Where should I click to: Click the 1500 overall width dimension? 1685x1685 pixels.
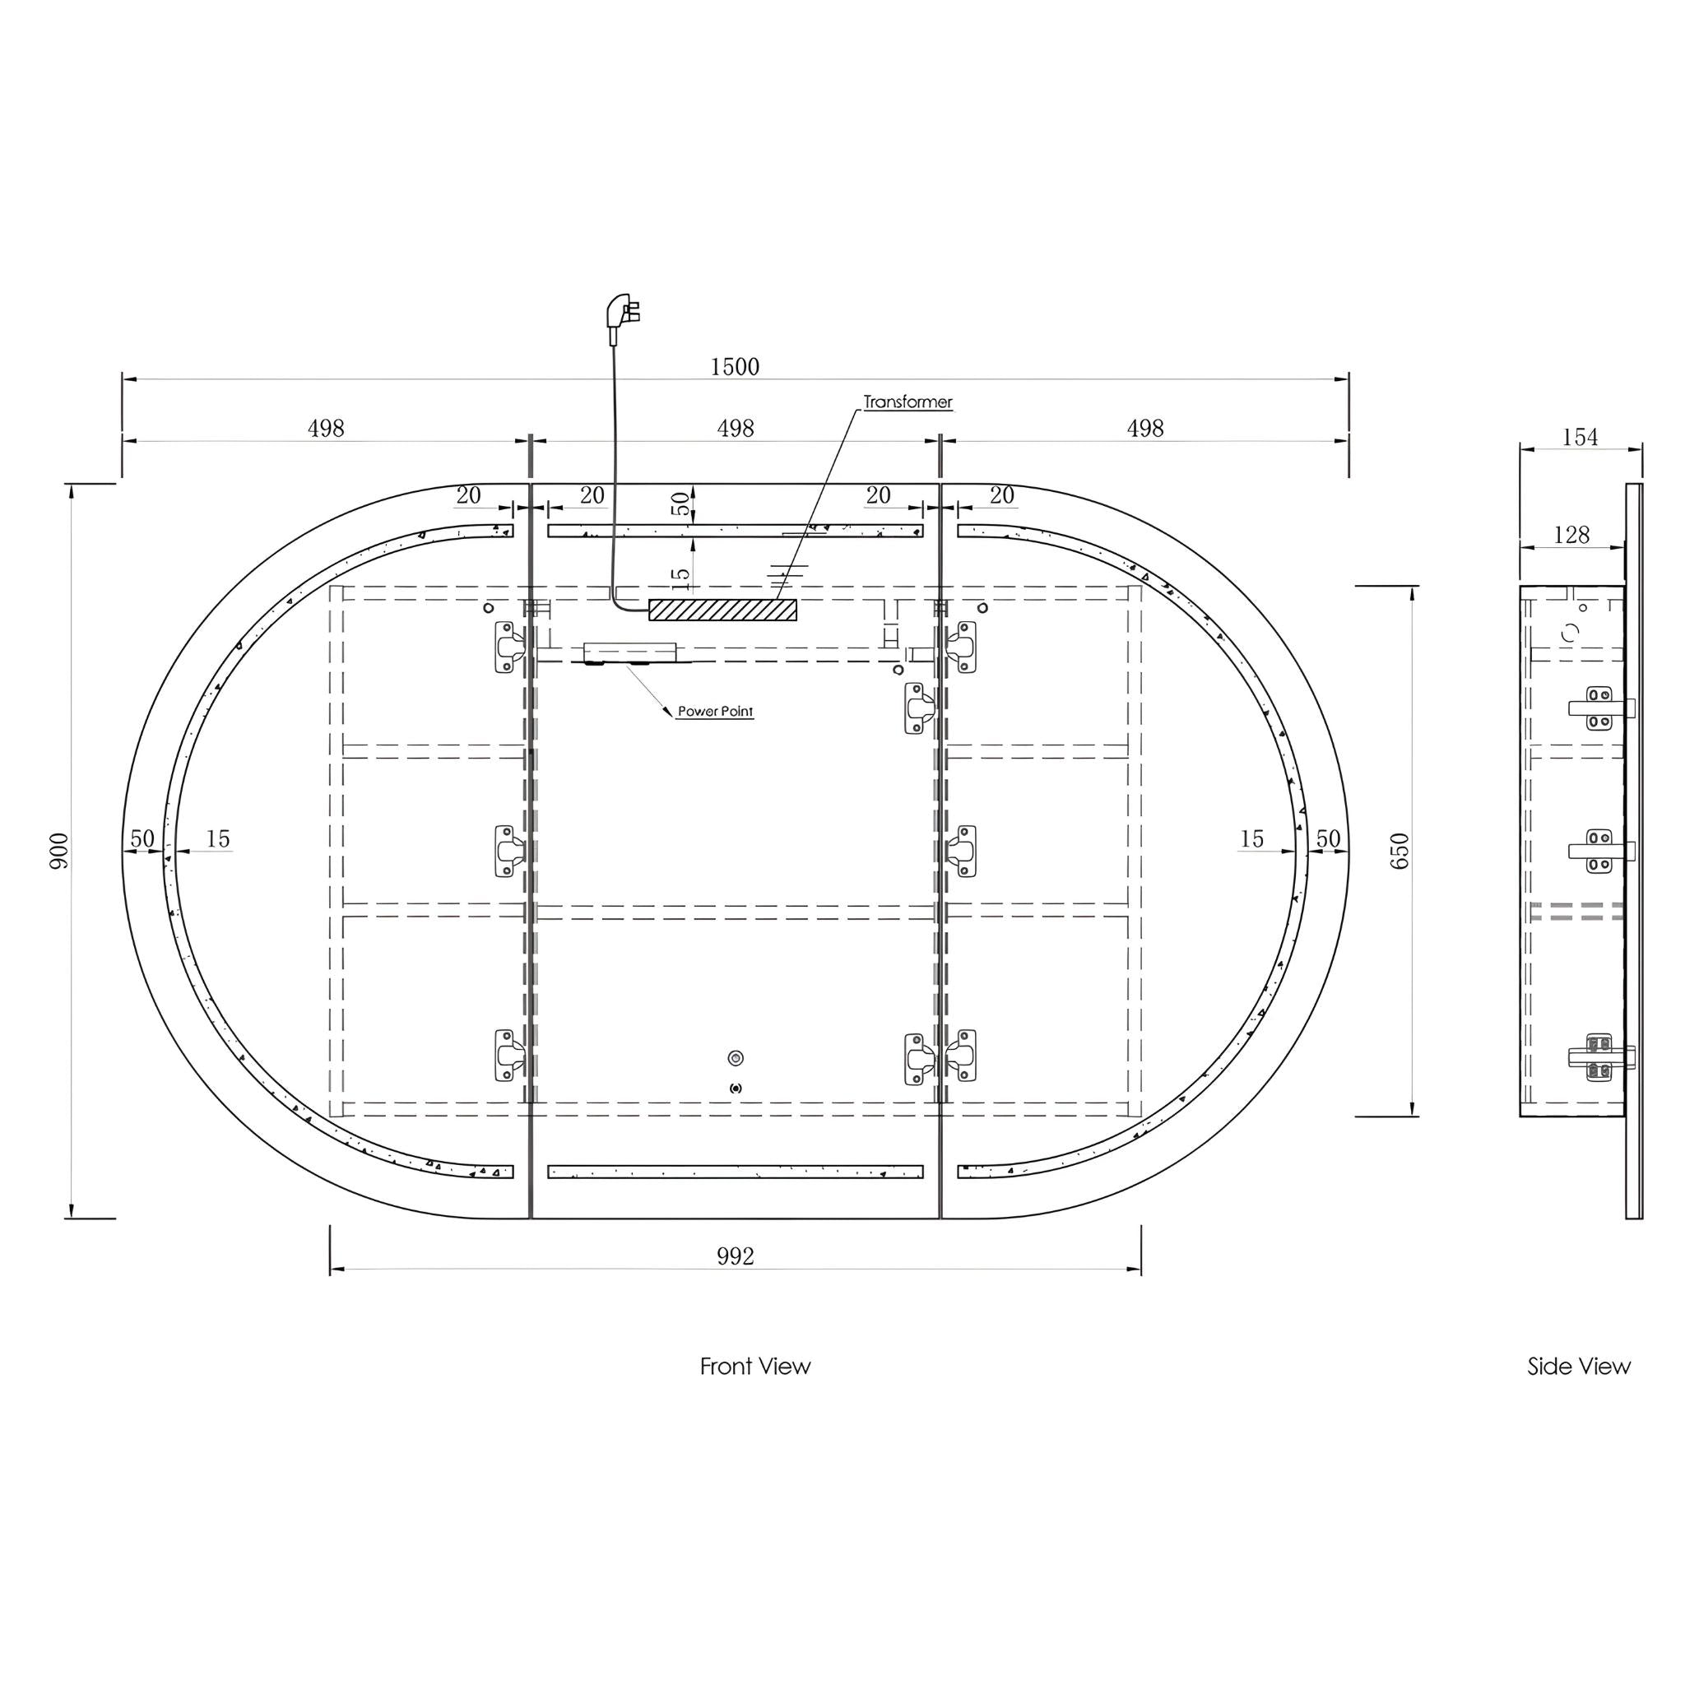735,366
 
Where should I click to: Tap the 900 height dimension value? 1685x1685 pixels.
58,851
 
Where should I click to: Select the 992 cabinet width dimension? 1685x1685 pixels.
736,1256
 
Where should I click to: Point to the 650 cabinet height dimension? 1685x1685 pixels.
1399,851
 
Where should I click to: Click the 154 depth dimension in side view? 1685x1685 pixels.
1580,437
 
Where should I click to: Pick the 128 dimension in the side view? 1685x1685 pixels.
1571,535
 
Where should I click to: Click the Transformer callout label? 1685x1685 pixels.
908,402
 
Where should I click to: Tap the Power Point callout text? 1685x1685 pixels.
715,712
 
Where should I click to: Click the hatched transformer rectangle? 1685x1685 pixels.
722,609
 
